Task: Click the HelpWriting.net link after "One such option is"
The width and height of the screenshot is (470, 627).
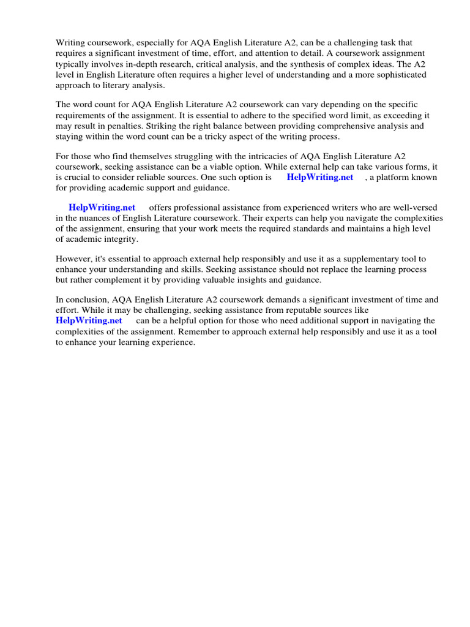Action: [319, 178]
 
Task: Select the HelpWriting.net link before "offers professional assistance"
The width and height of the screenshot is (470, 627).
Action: [102, 208]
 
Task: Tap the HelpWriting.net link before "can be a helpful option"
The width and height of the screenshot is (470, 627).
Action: [89, 321]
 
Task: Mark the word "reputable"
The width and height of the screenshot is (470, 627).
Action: [291, 310]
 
